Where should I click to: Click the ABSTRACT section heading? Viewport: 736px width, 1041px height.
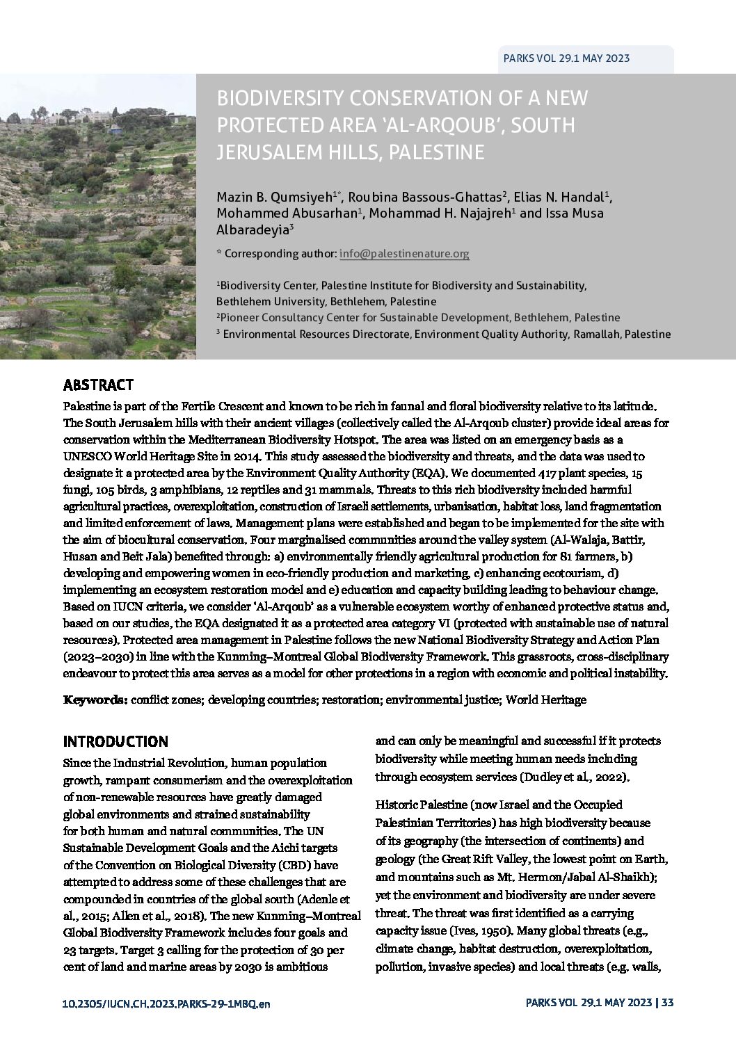coord(98,385)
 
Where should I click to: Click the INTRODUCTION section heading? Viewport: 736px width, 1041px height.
coord(115,741)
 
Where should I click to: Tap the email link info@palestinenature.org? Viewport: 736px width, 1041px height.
coord(404,254)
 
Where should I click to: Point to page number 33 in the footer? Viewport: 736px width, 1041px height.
coord(667,1002)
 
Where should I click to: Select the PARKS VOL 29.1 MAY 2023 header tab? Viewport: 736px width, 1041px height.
coord(566,58)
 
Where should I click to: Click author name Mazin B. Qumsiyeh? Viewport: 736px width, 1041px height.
coord(275,196)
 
